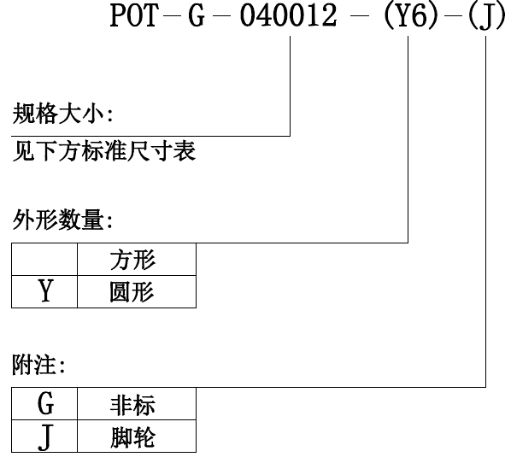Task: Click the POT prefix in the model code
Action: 134,15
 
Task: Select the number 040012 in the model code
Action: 289,15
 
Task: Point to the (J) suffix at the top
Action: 486,17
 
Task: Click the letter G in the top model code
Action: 197,15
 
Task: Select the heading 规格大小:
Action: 63,113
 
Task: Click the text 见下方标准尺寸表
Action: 104,150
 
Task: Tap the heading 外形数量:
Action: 63,220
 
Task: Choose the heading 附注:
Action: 38,365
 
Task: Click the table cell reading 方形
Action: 137,260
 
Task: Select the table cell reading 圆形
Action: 137,291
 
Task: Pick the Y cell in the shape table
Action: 44,291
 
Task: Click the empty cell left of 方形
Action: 44,260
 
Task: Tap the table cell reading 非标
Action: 137,403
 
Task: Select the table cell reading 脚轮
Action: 137,436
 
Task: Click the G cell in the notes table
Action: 44,403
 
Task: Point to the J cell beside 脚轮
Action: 44,436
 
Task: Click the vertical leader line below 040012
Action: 290,85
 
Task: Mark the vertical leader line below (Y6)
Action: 408,139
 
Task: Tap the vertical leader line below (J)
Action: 486,212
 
